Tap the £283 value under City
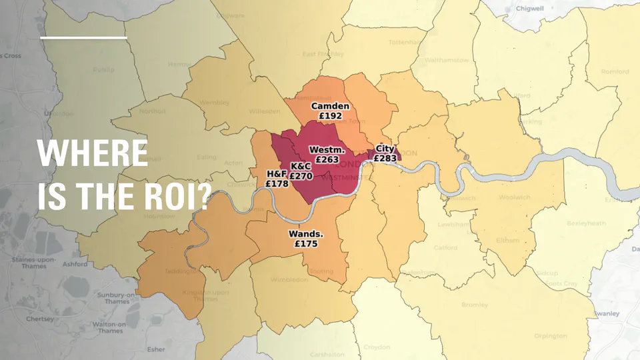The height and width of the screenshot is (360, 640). point(385,159)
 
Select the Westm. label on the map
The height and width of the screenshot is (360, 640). point(326,149)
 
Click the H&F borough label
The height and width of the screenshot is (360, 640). point(276,174)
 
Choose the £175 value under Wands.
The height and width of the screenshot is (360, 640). point(305,244)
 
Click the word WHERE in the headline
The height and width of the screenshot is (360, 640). point(93,154)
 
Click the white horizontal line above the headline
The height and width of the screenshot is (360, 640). point(83,38)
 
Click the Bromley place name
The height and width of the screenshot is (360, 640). point(493,305)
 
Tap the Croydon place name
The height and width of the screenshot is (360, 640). point(377,347)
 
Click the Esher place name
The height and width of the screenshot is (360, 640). point(156,349)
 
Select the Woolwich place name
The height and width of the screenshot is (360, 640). point(515,197)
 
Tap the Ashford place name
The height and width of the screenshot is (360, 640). point(75,264)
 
